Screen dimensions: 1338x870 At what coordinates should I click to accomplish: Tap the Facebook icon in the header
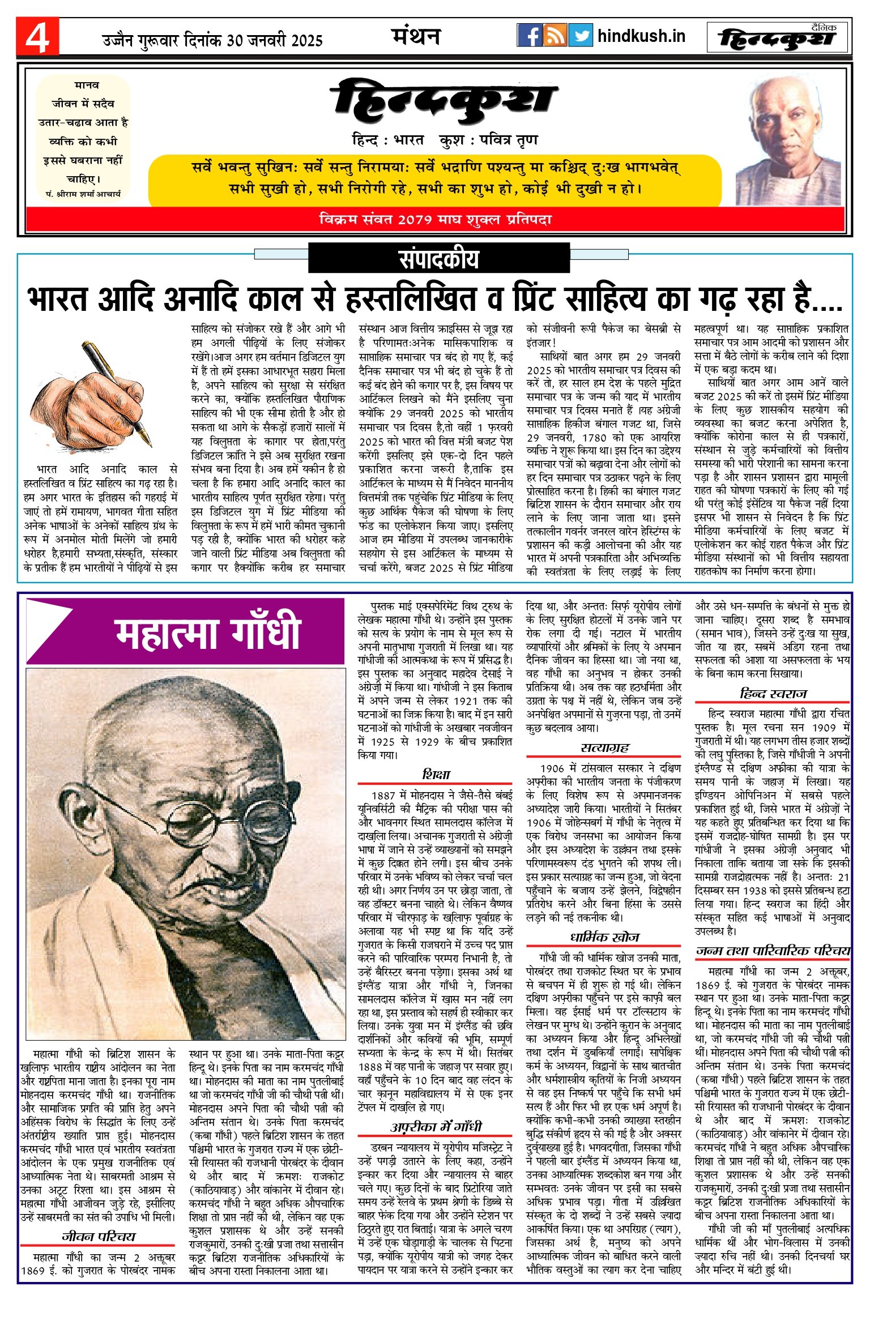(529, 36)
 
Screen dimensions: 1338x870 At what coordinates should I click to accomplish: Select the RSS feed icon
(555, 36)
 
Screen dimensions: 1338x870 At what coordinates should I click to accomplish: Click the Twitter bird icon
(580, 36)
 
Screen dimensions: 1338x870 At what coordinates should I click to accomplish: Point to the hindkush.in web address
(641, 36)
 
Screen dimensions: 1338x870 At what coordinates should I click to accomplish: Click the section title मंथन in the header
(416, 36)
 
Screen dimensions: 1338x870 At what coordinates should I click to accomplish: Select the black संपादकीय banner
(438, 259)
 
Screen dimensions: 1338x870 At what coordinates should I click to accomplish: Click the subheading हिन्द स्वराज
(773, 694)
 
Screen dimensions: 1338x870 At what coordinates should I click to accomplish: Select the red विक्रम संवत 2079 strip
(435, 220)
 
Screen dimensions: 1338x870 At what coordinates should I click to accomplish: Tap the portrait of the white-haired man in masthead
(788, 142)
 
